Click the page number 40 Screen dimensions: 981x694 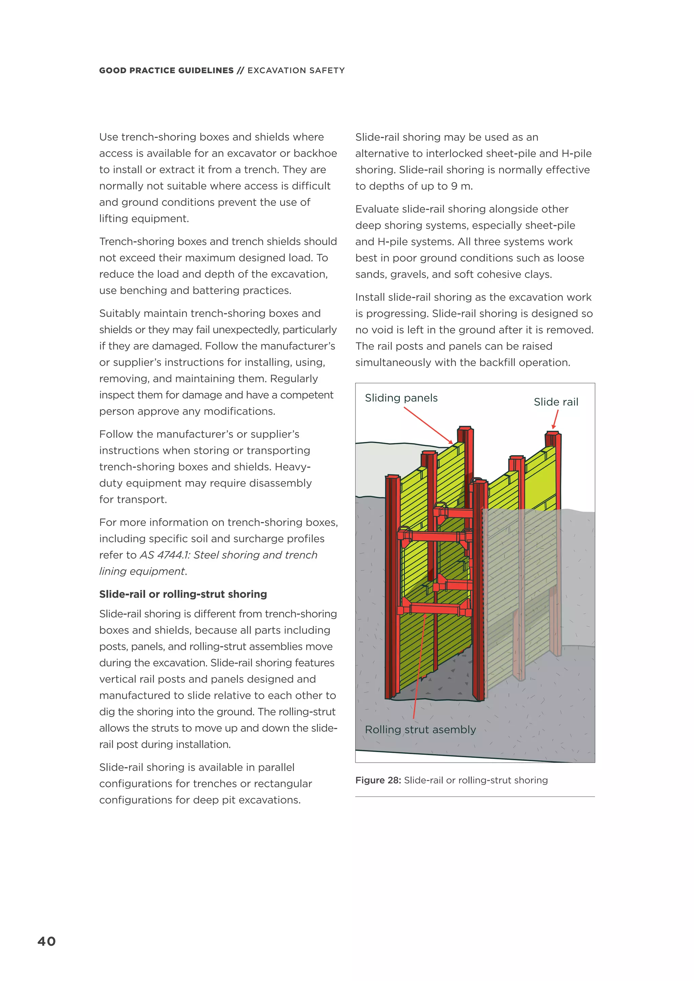pos(47,941)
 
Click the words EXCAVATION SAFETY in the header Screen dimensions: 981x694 pos(296,70)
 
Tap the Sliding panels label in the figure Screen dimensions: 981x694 pos(401,398)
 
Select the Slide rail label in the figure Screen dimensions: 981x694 pos(555,402)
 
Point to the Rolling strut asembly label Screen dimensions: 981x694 pos(420,729)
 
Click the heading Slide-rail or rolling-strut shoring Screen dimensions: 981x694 pos(183,594)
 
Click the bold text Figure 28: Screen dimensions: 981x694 pos(377,780)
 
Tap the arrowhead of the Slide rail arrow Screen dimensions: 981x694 pos(554,427)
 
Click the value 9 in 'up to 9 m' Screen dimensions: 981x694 pos(454,186)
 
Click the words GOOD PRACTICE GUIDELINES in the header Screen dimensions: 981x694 pos(166,70)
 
